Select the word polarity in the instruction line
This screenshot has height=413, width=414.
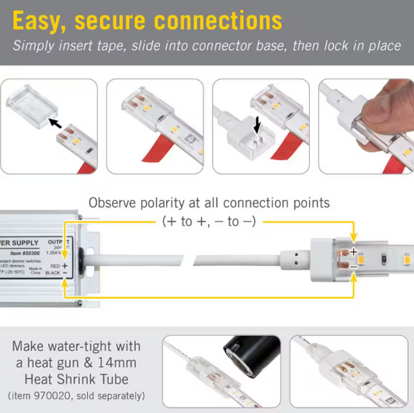point(188,203)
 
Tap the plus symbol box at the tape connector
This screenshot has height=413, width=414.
point(353,251)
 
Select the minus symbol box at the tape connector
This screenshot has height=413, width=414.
point(353,265)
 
